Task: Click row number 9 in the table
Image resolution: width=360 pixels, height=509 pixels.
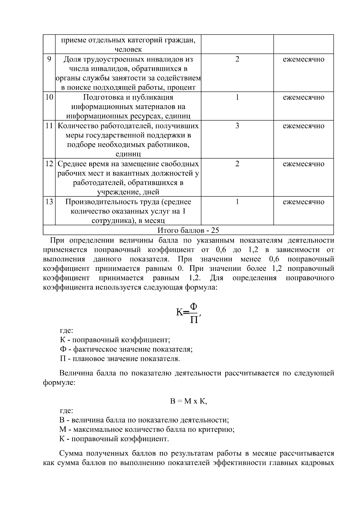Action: tap(49, 59)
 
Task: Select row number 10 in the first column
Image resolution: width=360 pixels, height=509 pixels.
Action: tap(49, 97)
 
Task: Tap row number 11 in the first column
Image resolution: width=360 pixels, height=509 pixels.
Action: tap(49, 126)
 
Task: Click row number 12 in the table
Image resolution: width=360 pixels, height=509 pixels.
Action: tap(49, 164)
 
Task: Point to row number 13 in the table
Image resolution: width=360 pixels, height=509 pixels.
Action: tap(49, 202)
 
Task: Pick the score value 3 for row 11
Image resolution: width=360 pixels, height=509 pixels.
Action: tap(237, 126)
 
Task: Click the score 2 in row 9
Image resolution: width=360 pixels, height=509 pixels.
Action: tap(237, 59)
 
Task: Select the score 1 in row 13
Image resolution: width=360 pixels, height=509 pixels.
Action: tap(237, 202)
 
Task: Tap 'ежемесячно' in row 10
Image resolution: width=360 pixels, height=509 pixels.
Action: tap(303, 97)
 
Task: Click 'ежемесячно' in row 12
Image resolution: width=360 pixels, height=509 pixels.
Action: tap(303, 164)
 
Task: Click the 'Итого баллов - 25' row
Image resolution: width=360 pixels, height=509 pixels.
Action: tap(188, 230)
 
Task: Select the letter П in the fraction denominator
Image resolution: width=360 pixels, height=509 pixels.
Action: tap(194, 320)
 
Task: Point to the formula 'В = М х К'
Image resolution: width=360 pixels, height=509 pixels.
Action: tap(188, 401)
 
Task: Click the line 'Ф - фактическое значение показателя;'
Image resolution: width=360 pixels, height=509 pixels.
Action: tap(126, 349)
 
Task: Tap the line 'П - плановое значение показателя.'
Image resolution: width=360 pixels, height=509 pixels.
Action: tap(120, 358)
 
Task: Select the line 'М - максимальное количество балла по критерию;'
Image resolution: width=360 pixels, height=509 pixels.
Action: tap(147, 429)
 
